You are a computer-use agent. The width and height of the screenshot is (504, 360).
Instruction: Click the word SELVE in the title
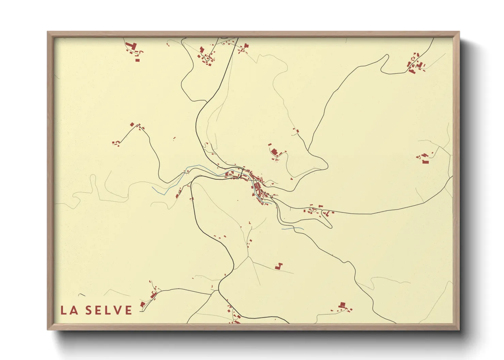pos(109,310)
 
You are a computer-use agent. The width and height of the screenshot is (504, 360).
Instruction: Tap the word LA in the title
pos(68,310)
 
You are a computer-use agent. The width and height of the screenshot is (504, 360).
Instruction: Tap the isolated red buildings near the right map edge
pos(424,158)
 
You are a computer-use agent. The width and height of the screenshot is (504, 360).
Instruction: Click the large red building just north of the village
pos(274,152)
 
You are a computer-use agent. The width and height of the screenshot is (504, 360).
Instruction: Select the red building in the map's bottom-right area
pos(343,305)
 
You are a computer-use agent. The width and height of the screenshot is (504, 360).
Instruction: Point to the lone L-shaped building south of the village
pos(279,266)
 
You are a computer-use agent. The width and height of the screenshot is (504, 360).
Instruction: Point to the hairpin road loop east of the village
pos(329,225)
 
